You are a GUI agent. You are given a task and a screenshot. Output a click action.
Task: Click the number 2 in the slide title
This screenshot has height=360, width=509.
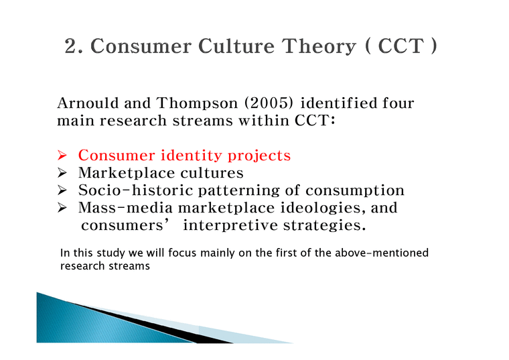(x=72, y=48)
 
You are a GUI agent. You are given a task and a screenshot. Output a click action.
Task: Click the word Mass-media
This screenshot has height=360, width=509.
(x=119, y=208)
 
